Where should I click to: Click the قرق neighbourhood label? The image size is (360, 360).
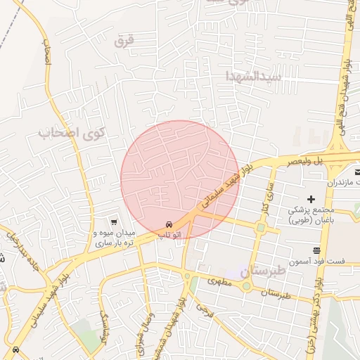tap(123, 41)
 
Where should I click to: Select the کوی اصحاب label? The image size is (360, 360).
tap(72, 131)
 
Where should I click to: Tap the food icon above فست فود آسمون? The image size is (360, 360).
tap(317, 250)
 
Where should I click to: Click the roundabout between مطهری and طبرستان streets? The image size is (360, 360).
tap(247, 286)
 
